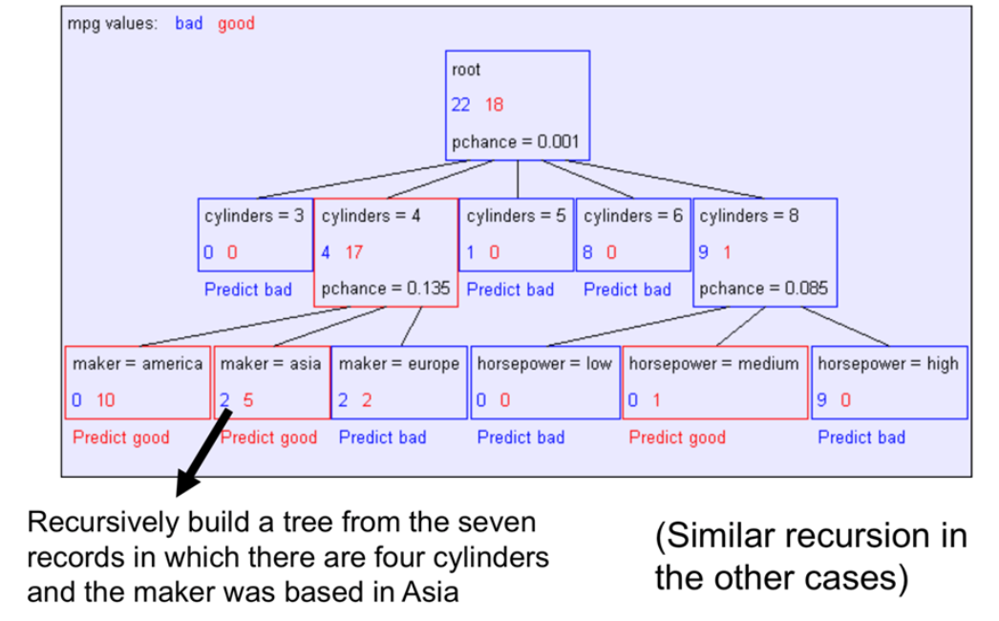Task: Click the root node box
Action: point(519,105)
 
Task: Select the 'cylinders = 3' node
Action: point(254,234)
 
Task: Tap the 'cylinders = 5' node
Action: point(516,234)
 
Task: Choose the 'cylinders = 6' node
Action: point(633,234)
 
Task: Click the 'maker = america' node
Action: point(138,382)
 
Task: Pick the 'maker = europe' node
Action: point(399,382)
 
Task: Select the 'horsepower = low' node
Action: point(544,382)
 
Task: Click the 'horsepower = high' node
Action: point(888,382)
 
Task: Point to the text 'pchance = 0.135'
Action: point(385,289)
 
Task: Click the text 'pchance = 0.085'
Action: point(764,289)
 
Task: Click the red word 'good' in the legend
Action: point(236,24)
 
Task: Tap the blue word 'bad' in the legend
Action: point(189,24)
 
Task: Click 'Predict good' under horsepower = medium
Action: point(676,438)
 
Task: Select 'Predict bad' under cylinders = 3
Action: point(247,289)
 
